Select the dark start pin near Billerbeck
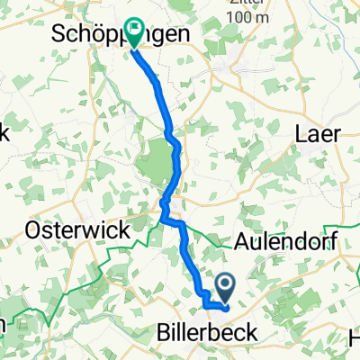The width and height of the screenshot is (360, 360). point(225,288)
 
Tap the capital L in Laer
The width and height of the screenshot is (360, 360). point(301,134)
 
